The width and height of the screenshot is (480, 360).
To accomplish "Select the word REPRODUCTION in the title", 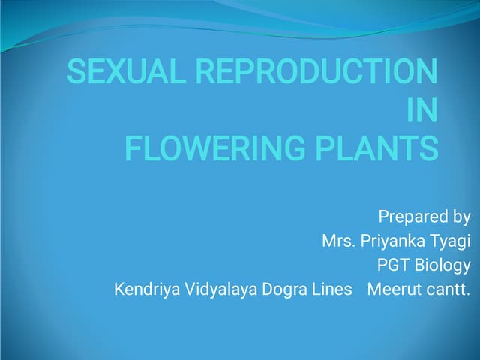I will [316, 73].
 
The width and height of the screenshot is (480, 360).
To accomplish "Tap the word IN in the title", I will [421, 110].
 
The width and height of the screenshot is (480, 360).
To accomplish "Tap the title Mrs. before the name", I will [339, 241].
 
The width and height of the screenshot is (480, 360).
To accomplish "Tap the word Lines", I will [333, 289].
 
